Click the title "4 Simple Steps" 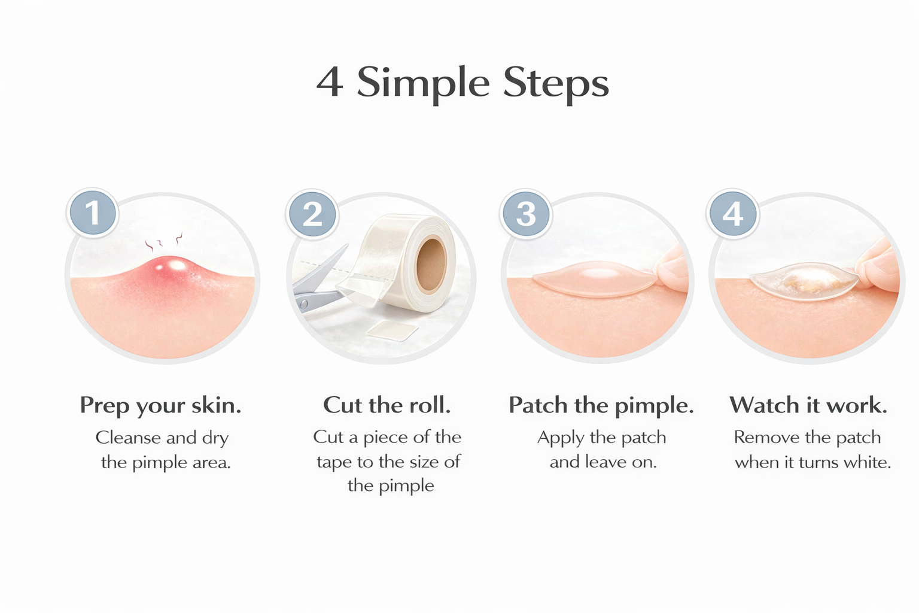(462, 82)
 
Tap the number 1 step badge (92, 213)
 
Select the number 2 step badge (312, 214)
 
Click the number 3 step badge (525, 214)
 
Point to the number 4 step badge (733, 214)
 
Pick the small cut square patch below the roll (392, 330)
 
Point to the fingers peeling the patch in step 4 (880, 266)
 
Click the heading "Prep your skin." (160, 405)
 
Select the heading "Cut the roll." (387, 405)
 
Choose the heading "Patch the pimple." (601, 405)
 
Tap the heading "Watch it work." (808, 405)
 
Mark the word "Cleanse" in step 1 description (128, 438)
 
